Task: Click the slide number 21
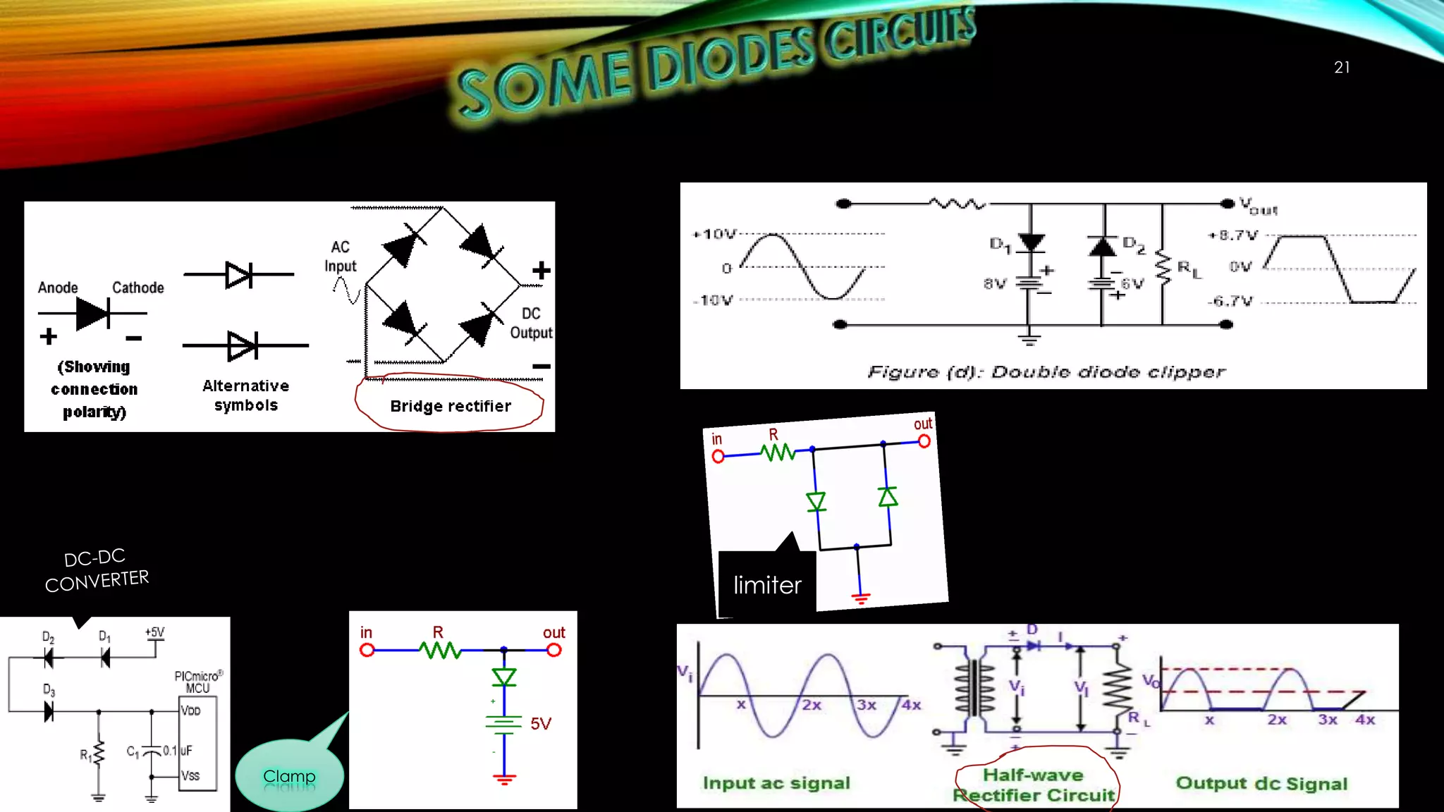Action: (1341, 68)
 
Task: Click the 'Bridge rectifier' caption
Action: (451, 406)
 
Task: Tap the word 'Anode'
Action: (58, 288)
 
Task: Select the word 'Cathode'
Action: (138, 288)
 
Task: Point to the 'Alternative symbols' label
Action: (246, 395)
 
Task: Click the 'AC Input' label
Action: (341, 257)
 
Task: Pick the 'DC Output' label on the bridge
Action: (531, 323)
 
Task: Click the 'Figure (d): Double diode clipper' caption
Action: (1046, 371)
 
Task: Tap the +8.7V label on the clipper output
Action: (1233, 235)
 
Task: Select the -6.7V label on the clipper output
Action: (1230, 301)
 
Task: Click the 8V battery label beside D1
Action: (995, 283)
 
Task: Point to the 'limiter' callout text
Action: (767, 585)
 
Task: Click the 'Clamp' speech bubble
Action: (289, 776)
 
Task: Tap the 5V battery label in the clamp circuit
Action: (541, 723)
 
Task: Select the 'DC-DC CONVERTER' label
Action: (97, 570)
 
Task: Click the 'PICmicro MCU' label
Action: (198, 682)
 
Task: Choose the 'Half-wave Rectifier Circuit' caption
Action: (1034, 785)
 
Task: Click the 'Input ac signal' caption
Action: (776, 783)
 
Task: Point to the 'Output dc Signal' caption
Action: (1261, 783)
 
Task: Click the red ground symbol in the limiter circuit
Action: (860, 598)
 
